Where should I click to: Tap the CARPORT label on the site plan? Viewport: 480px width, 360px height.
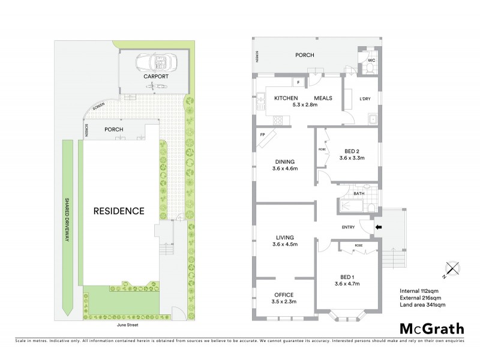click(x=155, y=77)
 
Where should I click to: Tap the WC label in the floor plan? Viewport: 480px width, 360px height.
click(x=371, y=61)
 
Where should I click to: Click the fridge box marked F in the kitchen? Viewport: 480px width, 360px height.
click(x=297, y=82)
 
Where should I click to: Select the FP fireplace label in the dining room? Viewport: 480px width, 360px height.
click(x=263, y=135)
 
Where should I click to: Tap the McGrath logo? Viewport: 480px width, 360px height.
click(x=431, y=329)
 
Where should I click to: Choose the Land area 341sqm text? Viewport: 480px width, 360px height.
click(x=422, y=305)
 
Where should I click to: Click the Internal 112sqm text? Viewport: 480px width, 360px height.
click(x=419, y=291)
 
